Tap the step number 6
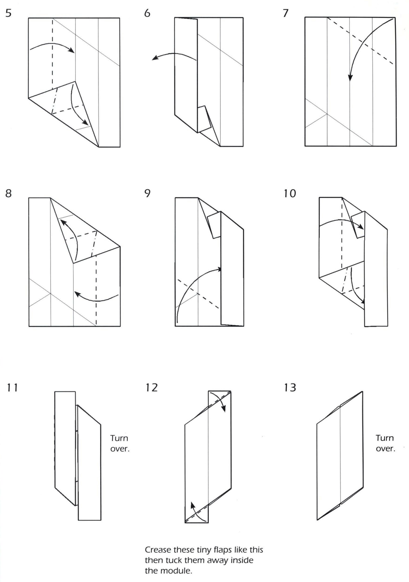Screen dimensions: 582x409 point(147,13)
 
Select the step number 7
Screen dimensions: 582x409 point(285,13)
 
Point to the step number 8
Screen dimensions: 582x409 point(9,193)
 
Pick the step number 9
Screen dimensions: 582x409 point(147,193)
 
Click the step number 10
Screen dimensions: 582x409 point(290,193)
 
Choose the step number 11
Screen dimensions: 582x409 point(13,387)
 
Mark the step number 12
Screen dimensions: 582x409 point(151,387)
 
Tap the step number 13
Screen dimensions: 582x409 point(290,387)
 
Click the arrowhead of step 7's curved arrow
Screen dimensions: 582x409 point(350,78)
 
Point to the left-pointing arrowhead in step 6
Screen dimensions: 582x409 point(155,58)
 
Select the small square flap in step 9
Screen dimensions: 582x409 point(214,225)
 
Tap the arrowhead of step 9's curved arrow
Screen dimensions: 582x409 point(220,269)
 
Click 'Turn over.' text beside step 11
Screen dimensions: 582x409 point(120,443)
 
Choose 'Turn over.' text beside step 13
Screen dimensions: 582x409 point(385,443)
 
